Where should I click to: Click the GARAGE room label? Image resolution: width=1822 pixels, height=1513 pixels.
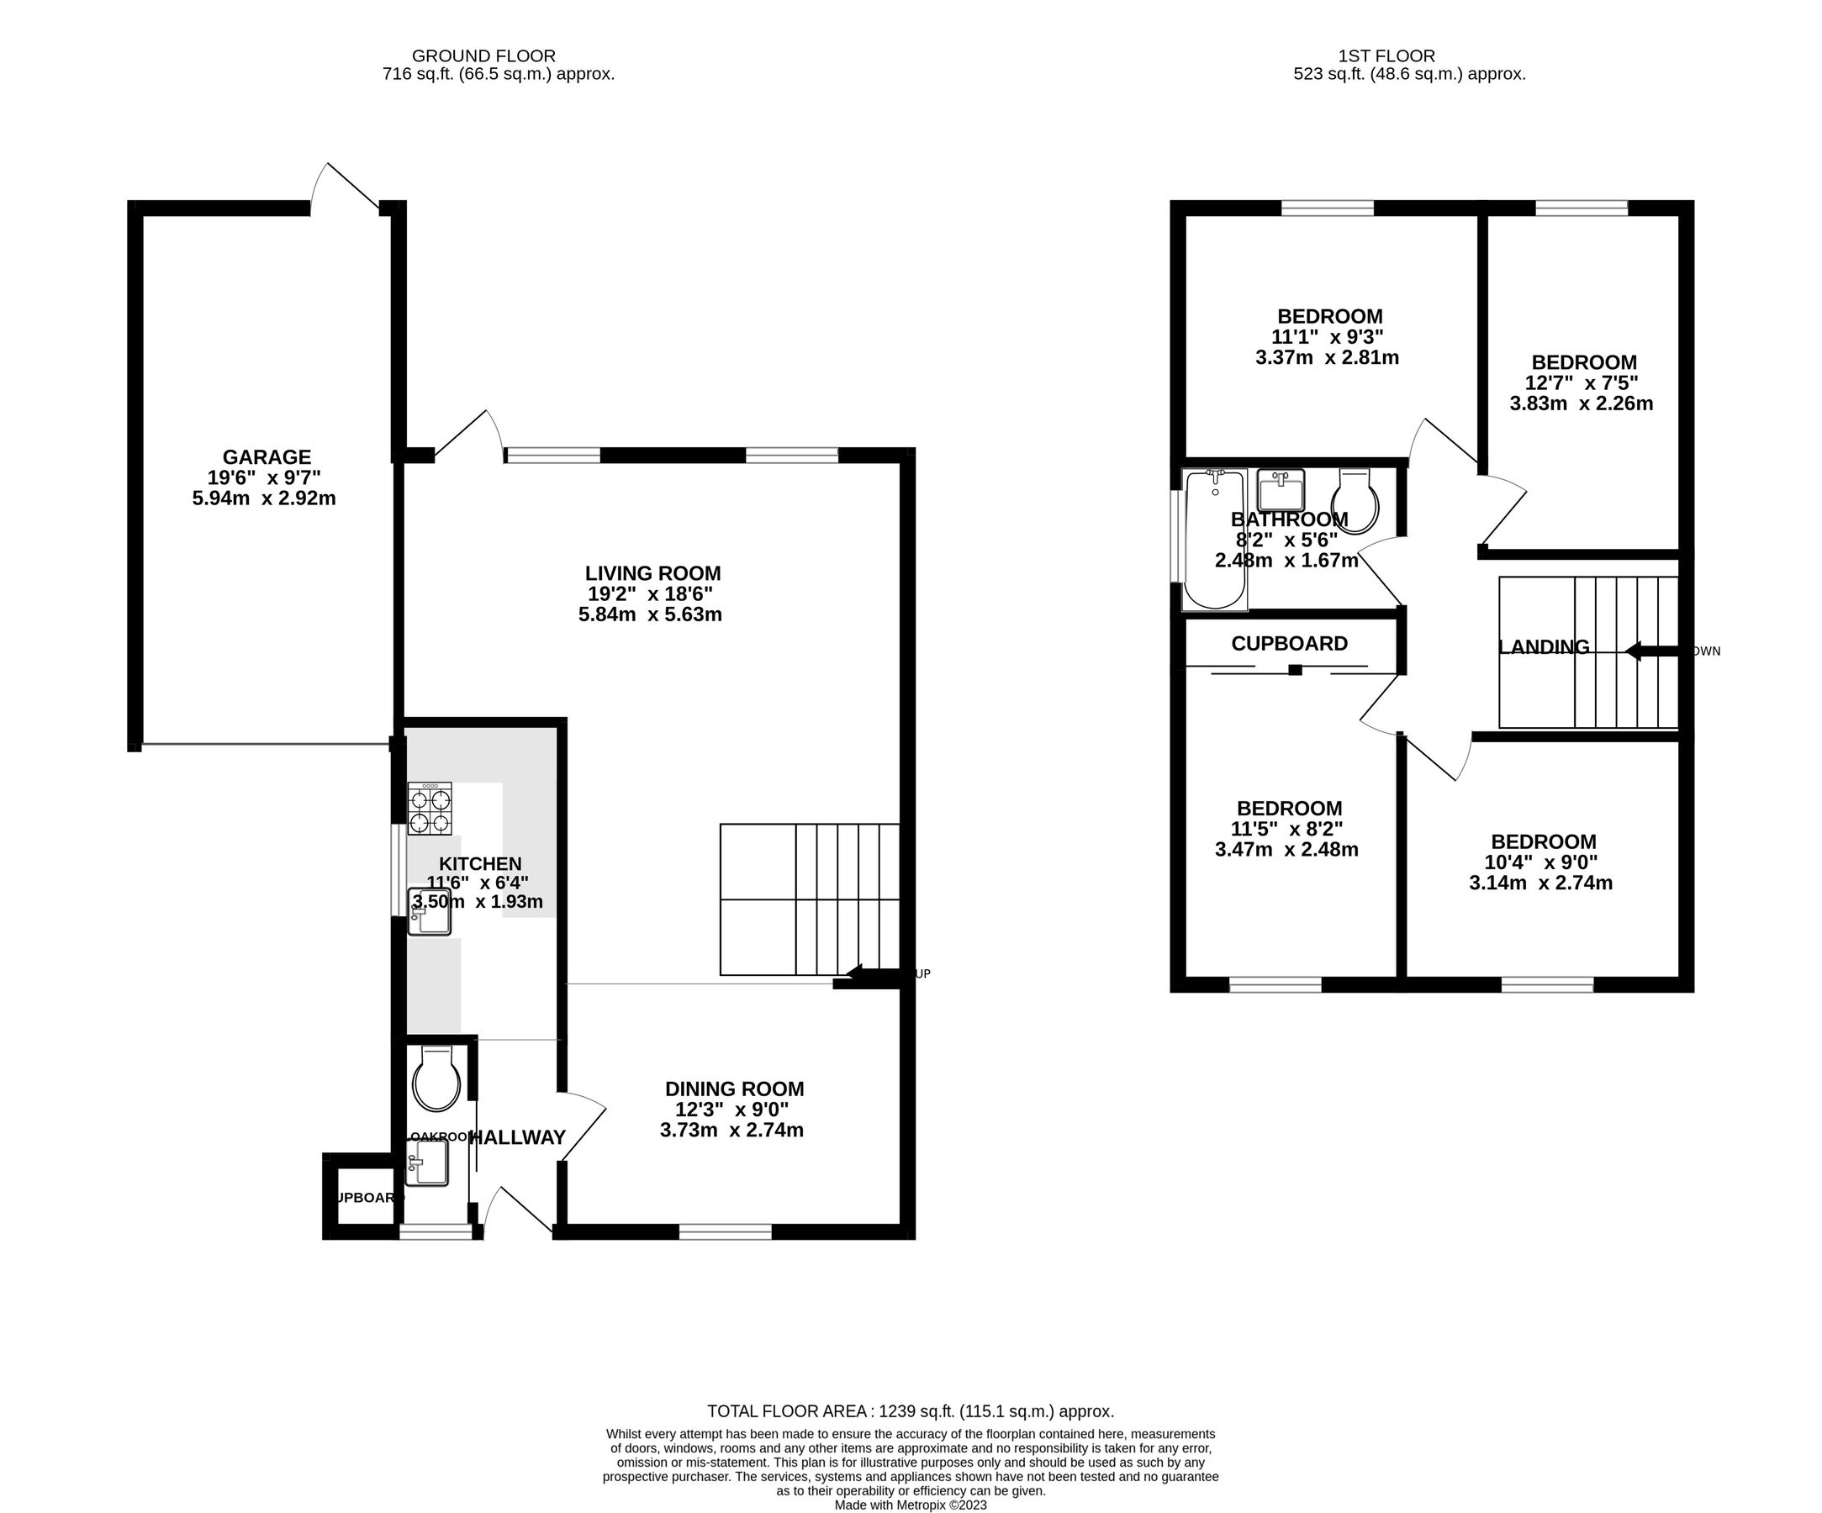point(267,457)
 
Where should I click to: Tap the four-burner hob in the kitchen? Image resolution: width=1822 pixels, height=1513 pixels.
point(430,809)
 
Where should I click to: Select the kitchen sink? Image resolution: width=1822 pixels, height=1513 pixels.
point(430,913)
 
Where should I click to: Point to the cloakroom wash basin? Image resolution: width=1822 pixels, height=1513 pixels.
point(427,1162)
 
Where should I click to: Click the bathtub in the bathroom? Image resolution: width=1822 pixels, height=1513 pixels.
point(1215,540)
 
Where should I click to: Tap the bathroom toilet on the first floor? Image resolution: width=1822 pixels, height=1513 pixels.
point(1355,503)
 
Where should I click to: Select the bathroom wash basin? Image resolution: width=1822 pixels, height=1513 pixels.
point(1281,491)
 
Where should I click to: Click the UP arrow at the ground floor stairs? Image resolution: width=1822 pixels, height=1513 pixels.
point(868,976)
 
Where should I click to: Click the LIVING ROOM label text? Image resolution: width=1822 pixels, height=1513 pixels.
point(652,573)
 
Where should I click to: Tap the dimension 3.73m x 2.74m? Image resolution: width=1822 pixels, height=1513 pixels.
point(731,1131)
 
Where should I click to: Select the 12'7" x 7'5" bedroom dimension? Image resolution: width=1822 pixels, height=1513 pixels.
point(1581,382)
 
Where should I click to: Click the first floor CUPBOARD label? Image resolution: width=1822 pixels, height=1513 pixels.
point(1289,644)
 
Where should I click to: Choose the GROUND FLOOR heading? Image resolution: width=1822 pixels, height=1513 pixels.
point(483,56)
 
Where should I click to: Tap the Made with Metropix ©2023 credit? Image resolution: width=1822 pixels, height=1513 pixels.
point(910,1505)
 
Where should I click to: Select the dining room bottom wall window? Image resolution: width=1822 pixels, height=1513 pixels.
point(726,1231)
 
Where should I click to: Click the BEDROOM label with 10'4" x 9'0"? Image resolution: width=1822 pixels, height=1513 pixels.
point(1544,841)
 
